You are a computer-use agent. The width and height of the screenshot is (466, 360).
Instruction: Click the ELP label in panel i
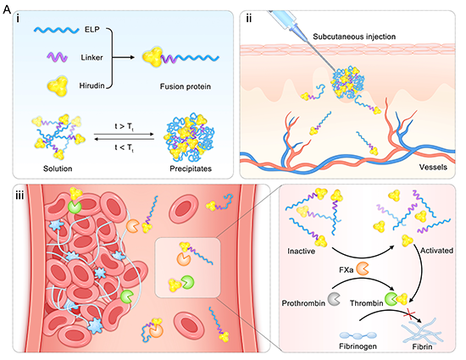[x=92, y=30]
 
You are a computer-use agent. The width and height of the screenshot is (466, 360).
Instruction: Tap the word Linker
[x=92, y=58]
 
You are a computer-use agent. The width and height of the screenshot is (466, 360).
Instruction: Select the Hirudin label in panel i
[x=92, y=86]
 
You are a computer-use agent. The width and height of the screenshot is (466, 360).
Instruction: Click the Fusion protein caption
[x=186, y=86]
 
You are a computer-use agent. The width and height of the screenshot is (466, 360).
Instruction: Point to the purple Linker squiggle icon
[x=57, y=57]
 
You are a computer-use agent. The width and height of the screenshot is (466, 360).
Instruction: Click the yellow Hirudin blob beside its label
[x=58, y=86]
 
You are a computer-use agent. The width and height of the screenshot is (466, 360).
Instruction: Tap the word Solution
[x=58, y=169]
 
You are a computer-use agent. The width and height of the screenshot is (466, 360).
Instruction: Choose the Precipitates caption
[x=191, y=169]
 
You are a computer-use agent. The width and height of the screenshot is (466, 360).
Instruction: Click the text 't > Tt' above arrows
[x=125, y=127]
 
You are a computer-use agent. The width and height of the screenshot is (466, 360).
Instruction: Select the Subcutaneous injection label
[x=354, y=36]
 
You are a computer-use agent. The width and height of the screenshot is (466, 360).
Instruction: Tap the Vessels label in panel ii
[x=433, y=167]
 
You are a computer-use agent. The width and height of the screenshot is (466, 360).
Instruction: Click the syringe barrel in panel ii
[x=282, y=19]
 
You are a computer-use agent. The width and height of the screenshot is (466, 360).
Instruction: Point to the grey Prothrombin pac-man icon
[x=334, y=299]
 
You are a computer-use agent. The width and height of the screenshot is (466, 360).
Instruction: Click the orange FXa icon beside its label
[x=363, y=269]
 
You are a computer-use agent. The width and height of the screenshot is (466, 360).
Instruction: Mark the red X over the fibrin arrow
[x=409, y=315]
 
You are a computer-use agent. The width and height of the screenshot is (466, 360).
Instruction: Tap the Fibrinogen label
[x=358, y=346]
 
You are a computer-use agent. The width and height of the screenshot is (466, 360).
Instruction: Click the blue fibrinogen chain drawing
[x=358, y=335]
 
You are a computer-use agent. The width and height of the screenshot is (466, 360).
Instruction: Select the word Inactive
[x=301, y=252]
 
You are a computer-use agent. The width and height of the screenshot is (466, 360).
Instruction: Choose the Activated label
[x=436, y=251]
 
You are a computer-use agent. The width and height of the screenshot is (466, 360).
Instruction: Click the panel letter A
[x=7, y=10]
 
